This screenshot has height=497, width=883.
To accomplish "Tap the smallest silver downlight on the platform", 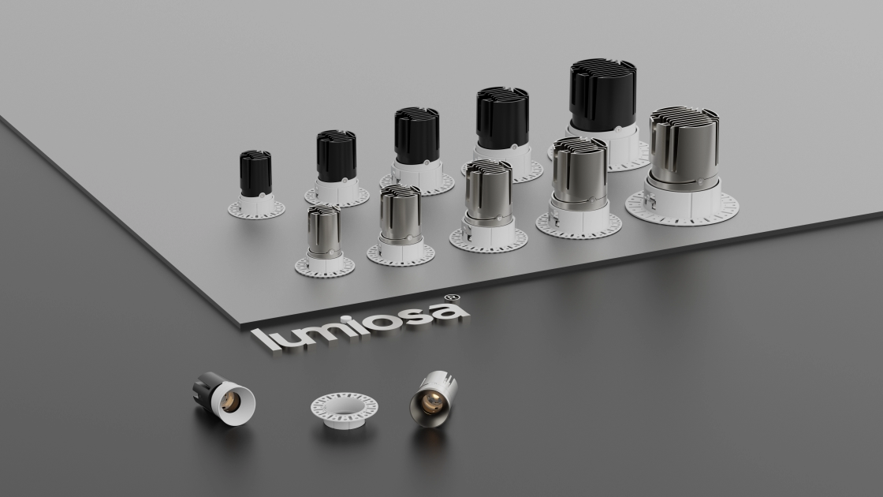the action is click(x=324, y=241).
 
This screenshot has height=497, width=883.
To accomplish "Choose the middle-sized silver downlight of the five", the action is click(x=488, y=206).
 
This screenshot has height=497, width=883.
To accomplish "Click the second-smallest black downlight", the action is click(x=336, y=168).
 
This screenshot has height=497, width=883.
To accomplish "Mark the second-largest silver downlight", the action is click(x=579, y=188).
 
